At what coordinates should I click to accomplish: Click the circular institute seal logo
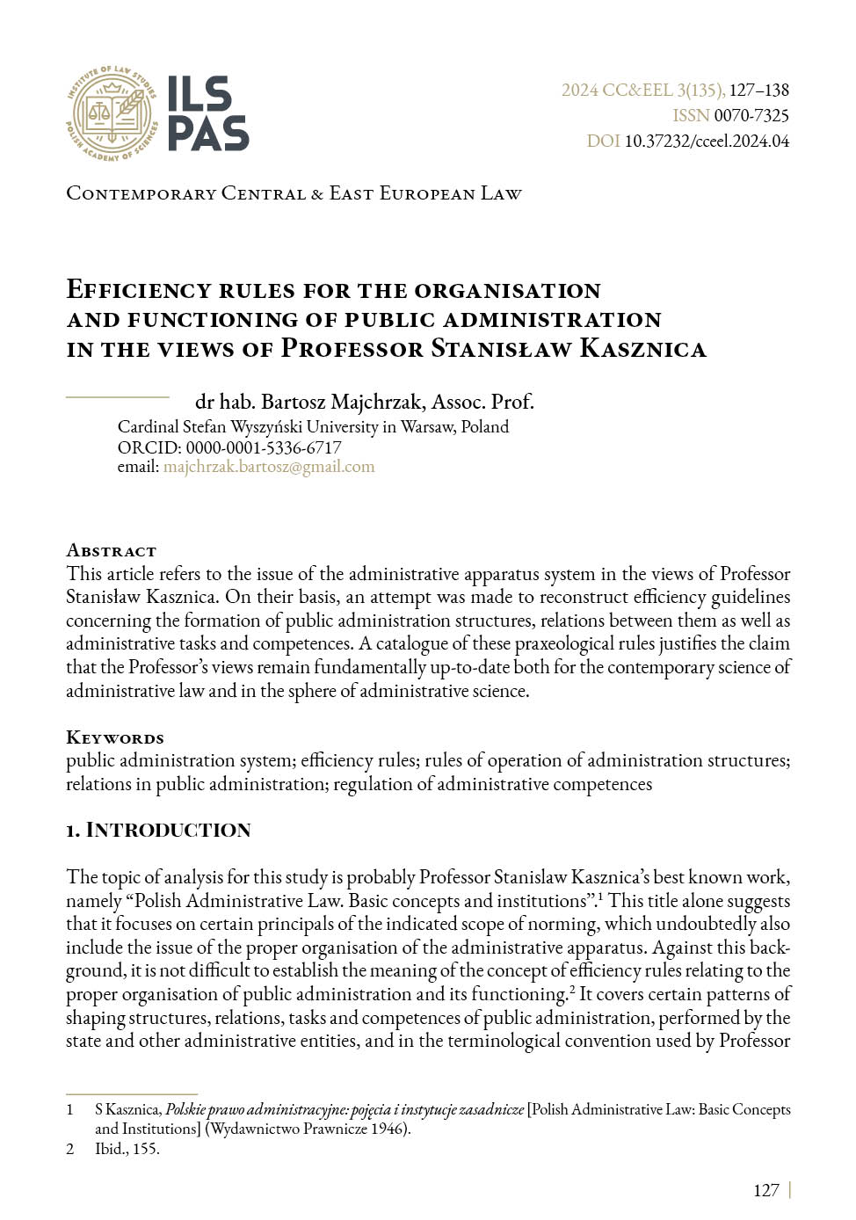coord(112,113)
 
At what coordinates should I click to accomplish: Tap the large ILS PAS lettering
coord(207,113)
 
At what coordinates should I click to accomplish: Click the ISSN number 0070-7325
coord(751,115)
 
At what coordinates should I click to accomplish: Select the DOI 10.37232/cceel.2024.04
coord(707,141)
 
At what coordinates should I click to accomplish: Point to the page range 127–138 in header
coord(759,90)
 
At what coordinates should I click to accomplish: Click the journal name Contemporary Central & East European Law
coord(294,193)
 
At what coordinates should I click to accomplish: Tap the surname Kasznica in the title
coord(642,349)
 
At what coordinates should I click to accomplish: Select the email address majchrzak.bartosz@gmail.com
coord(269,467)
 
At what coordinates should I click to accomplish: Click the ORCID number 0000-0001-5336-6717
coord(264,447)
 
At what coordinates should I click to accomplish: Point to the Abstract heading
coord(111,551)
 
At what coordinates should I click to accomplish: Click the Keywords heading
coord(115,737)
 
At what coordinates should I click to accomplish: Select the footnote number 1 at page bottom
coord(70,1109)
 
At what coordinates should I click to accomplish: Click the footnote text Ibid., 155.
coord(127,1148)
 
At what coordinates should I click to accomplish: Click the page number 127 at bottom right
coord(765,1190)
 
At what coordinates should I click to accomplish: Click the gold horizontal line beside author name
coord(117,397)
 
